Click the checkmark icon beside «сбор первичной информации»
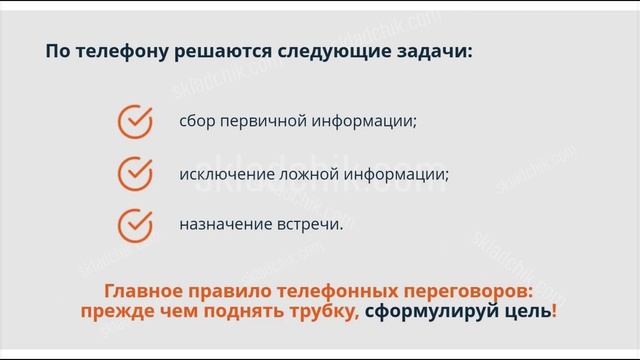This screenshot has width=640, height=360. coord(134,121)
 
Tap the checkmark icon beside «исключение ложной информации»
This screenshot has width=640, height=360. coord(134,173)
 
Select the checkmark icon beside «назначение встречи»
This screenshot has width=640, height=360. coord(134,224)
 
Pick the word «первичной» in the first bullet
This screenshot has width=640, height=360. coord(259,122)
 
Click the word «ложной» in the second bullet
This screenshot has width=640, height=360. coord(305,174)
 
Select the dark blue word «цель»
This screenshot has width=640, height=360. coord(530,311)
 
